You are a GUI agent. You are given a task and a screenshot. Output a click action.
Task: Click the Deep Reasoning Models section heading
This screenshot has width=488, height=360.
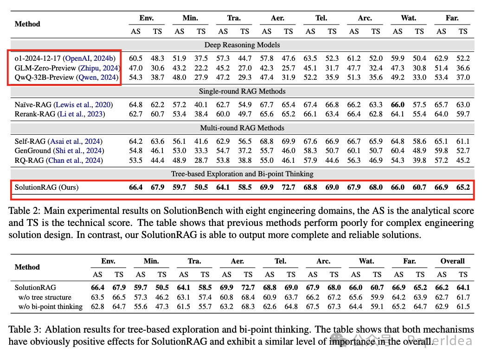[x=242, y=45]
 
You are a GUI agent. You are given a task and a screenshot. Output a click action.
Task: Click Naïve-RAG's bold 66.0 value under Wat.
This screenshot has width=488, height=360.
[x=398, y=104]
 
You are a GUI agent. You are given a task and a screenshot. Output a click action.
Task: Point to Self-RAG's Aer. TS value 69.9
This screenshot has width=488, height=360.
[x=289, y=141]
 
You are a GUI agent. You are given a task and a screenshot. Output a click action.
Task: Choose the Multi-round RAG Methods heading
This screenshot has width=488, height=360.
[x=242, y=128]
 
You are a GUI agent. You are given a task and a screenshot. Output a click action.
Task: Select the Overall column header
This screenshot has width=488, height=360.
[x=452, y=261]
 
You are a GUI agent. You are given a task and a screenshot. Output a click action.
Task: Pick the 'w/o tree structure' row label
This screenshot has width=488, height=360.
[x=45, y=297]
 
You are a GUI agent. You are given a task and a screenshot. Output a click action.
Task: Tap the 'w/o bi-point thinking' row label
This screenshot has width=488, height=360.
[x=51, y=306]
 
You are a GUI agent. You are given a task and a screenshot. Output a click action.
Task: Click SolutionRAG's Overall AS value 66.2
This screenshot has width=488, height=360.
[x=442, y=288]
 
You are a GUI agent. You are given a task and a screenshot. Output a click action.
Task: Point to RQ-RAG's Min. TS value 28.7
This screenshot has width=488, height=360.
[x=201, y=160]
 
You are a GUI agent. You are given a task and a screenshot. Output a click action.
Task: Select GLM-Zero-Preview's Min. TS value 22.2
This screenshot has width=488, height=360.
[x=201, y=68]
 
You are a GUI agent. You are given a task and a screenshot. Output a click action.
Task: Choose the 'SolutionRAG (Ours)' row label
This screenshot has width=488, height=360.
[x=46, y=187]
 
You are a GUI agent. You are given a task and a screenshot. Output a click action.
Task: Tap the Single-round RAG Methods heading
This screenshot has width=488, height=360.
[x=242, y=91]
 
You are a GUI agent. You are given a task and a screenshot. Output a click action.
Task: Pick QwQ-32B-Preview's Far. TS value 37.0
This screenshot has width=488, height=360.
[x=463, y=77]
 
